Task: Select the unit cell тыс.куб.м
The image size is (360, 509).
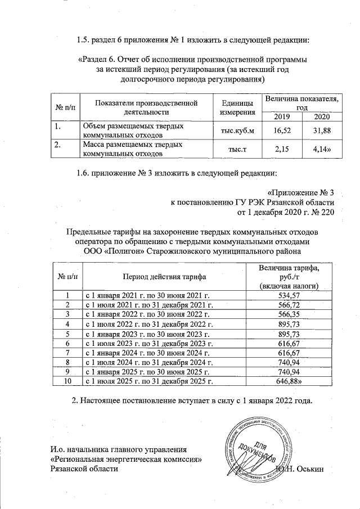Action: pyautogui.click(x=232, y=131)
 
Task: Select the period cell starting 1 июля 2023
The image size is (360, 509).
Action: pyautogui.click(x=149, y=343)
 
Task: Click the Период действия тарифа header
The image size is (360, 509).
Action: pyautogui.click(x=164, y=277)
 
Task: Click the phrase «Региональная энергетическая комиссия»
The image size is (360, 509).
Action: pyautogui.click(x=126, y=460)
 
